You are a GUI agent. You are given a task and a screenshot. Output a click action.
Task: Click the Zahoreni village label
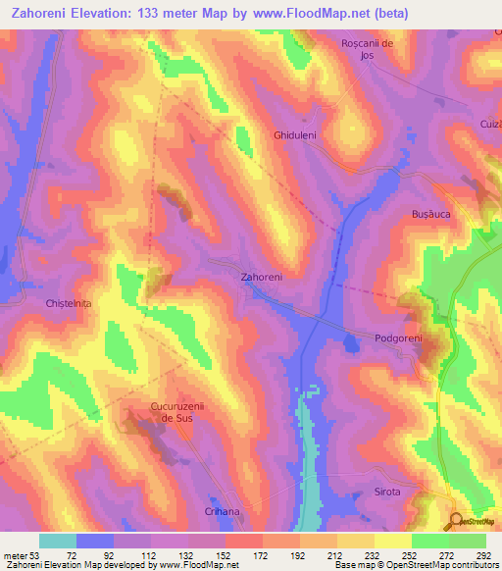262,278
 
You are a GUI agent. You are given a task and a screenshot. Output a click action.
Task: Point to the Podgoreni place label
398,337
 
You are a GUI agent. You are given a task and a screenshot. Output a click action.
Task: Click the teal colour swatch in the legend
58,541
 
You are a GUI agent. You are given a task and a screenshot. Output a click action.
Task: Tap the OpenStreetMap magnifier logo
457,522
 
